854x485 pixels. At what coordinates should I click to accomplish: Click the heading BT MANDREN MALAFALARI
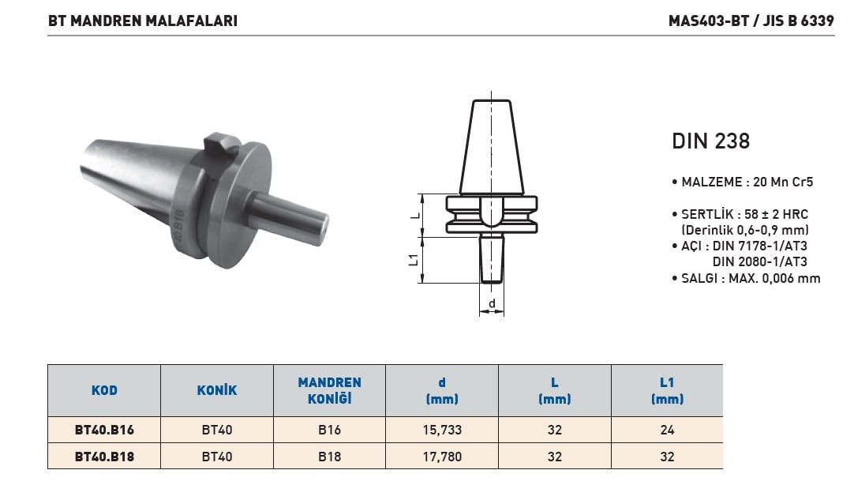click(143, 21)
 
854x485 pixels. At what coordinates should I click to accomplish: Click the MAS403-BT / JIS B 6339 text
click(751, 21)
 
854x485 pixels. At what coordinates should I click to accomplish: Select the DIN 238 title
click(711, 141)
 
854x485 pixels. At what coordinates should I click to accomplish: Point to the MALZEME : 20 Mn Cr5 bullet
click(743, 182)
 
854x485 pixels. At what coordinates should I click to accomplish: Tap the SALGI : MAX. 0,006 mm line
click(746, 279)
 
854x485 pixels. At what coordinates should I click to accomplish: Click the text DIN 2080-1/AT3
click(760, 261)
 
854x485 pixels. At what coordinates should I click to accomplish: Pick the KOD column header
click(104, 390)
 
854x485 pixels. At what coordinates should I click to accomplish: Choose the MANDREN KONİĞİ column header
click(329, 390)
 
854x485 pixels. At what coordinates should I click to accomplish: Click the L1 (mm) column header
click(667, 390)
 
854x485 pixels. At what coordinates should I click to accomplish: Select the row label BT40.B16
click(104, 430)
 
